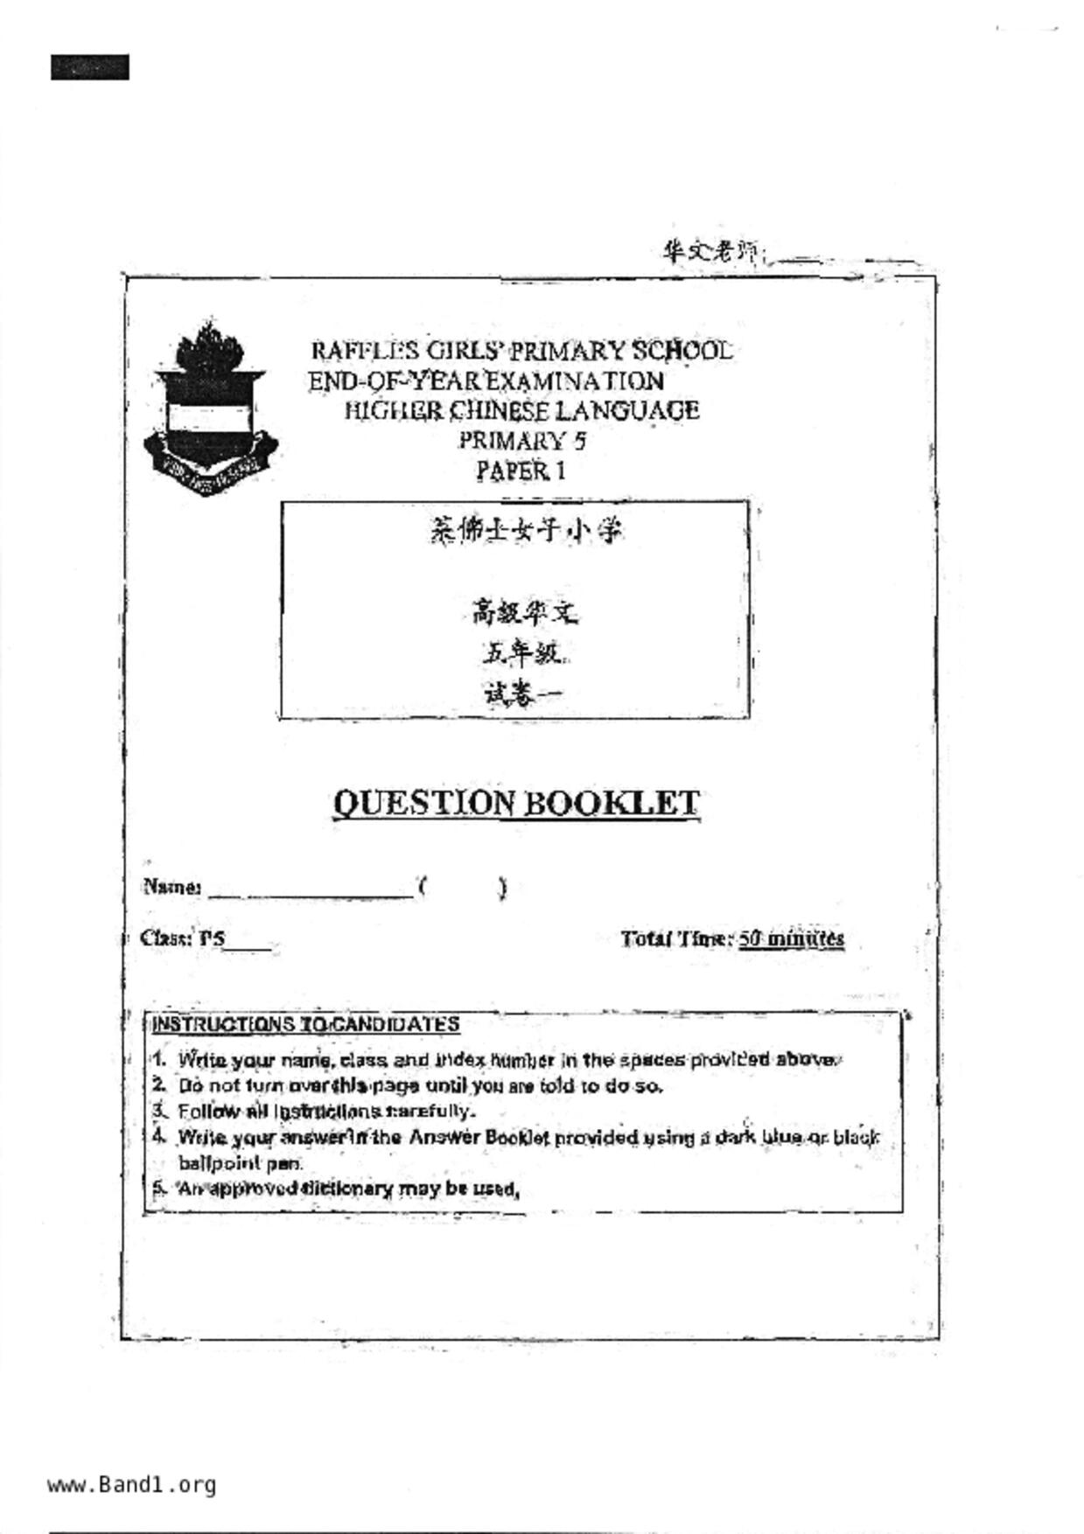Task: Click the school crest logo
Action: (x=210, y=409)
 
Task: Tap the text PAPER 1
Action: (x=521, y=471)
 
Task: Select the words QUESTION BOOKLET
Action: (x=516, y=803)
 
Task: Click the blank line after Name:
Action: (x=310, y=890)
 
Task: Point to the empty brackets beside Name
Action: (x=462, y=889)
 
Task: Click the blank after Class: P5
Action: (x=248, y=943)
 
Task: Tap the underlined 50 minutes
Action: (x=791, y=939)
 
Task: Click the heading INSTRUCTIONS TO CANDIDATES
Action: (x=305, y=1024)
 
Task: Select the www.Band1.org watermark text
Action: (x=131, y=1485)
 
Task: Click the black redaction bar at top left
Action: (x=89, y=67)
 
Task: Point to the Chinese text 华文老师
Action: (x=710, y=253)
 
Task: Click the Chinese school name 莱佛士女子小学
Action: (x=526, y=530)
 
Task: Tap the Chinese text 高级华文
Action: (x=524, y=613)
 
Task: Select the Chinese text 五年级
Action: (x=521, y=653)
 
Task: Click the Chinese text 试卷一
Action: (x=521, y=694)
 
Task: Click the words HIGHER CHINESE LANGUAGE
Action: (x=521, y=411)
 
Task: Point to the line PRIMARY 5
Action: (x=522, y=441)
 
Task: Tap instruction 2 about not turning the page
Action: (x=420, y=1086)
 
